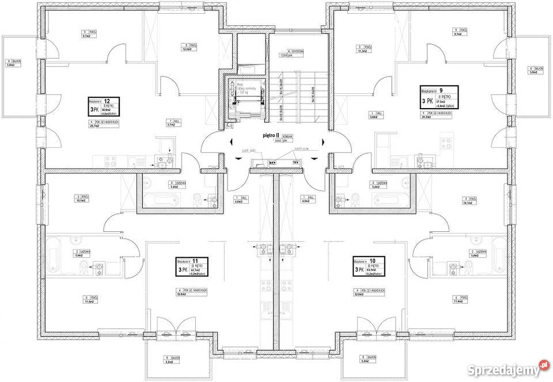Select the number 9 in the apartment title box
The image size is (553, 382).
coord(441,90)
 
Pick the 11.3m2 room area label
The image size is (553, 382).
coord(363,49)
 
